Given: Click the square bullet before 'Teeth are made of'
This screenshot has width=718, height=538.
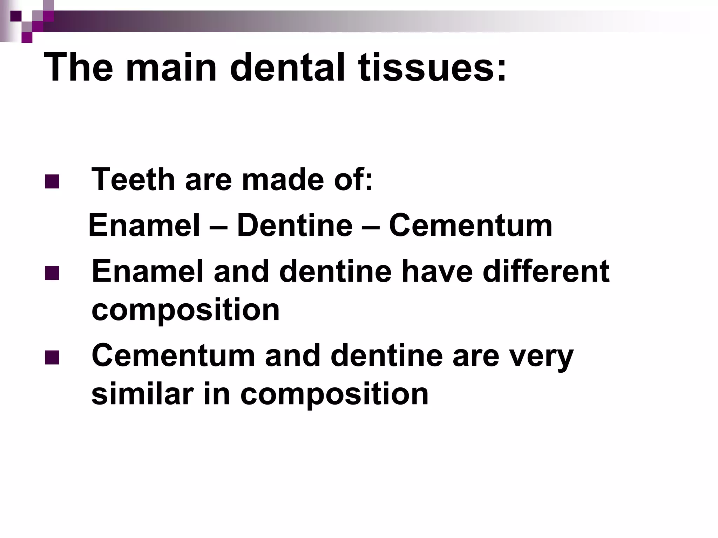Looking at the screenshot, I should tap(52, 181).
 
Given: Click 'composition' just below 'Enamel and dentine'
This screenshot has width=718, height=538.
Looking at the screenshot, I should tap(185, 310).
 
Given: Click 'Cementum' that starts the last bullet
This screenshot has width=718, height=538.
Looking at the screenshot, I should tap(173, 356).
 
